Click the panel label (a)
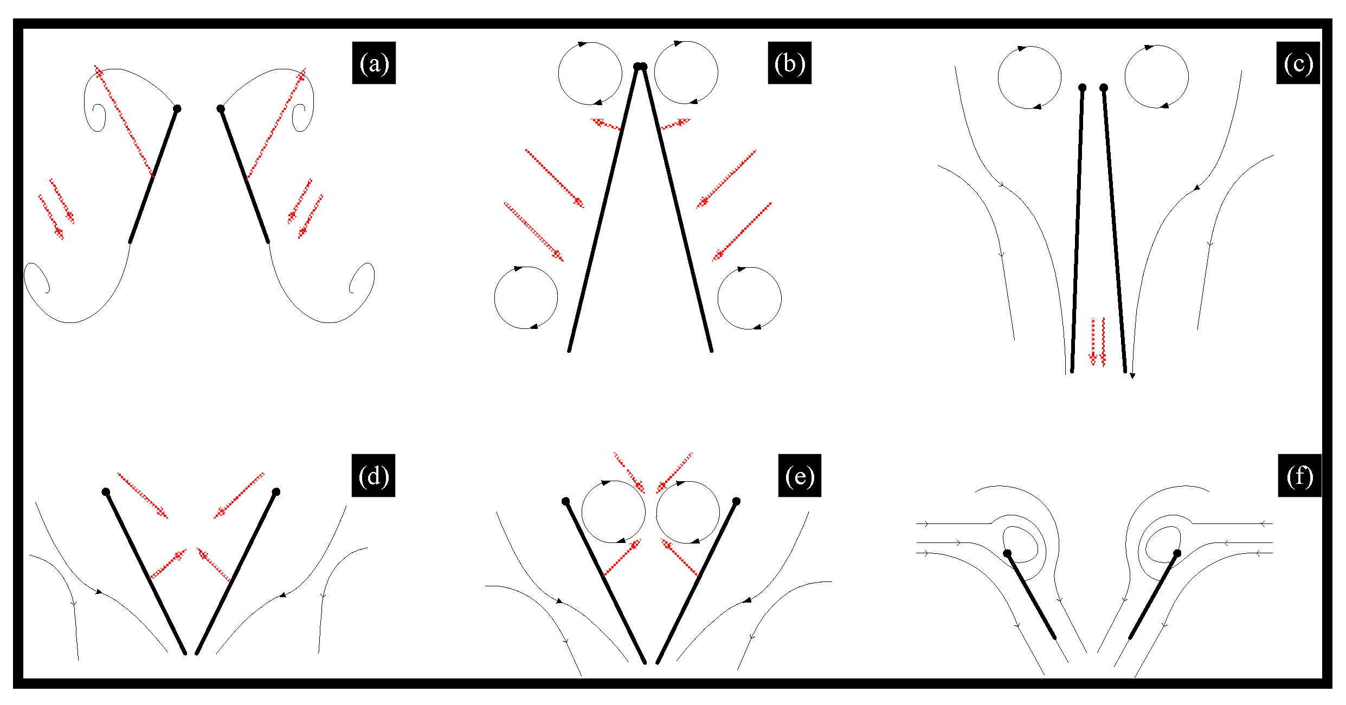click(374, 63)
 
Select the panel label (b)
click(789, 63)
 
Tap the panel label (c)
click(1298, 63)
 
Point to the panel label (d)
click(373, 476)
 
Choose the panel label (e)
click(800, 476)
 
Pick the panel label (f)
click(1300, 476)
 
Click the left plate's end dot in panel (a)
click(177, 109)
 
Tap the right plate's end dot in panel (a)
click(221, 109)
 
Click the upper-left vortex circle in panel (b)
click(559, 74)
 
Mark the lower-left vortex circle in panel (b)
click(494, 297)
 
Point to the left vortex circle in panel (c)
click(998, 77)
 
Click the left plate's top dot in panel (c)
click(1082, 87)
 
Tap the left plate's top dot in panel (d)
click(106, 492)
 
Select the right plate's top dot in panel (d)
click(276, 492)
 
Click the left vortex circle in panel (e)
click(582, 512)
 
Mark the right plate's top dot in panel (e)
click(736, 501)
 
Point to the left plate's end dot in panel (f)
click(1007, 553)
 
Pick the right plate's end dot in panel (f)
click(1177, 553)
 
